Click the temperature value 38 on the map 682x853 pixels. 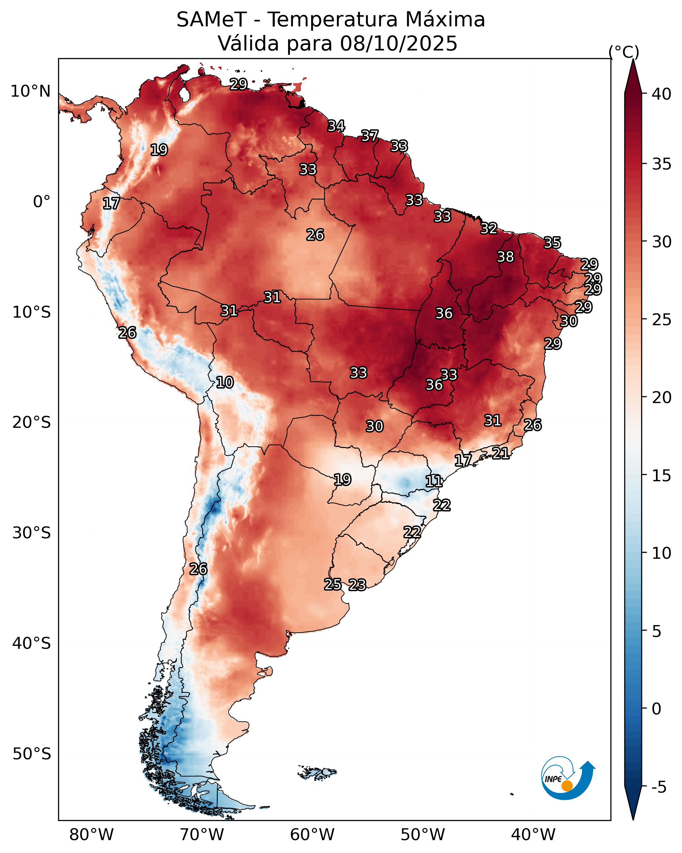pyautogui.click(x=505, y=257)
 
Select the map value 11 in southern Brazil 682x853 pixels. pyautogui.click(x=434, y=481)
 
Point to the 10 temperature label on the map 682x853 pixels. pyautogui.click(x=225, y=382)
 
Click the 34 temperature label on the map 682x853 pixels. pyautogui.click(x=336, y=126)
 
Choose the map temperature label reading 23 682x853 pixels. pyautogui.click(x=357, y=585)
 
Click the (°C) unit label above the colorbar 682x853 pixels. pyautogui.click(x=624, y=52)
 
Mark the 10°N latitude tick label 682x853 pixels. pyautogui.click(x=30, y=91)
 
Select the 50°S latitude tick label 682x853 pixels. pyautogui.click(x=32, y=754)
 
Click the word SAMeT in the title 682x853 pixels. pyautogui.click(x=211, y=20)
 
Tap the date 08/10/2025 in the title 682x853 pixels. pyautogui.click(x=399, y=44)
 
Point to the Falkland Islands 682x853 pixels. pyautogui.click(x=318, y=772)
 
